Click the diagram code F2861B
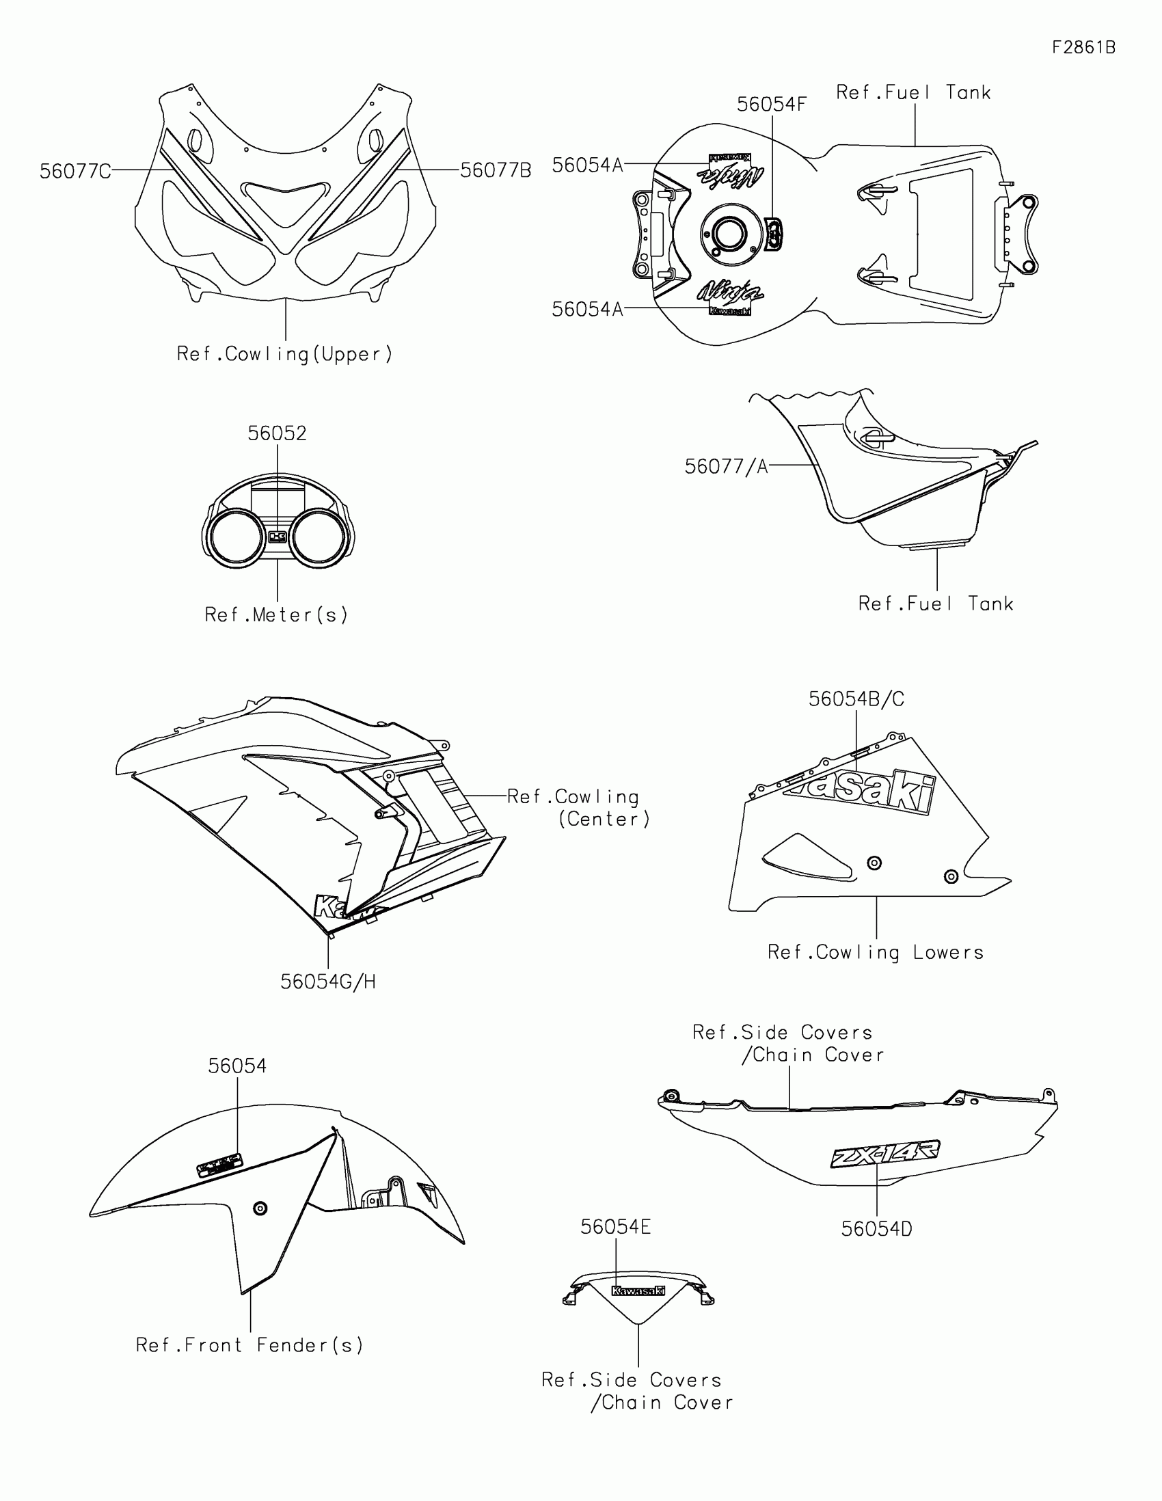pos(1083,47)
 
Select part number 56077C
pos(75,171)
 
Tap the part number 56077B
pos(496,170)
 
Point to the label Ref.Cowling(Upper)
pos(284,354)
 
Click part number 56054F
pos(771,105)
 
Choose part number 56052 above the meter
pos(277,433)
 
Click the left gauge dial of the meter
pos(235,538)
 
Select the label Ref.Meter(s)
pos(276,614)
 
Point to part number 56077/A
pos(726,467)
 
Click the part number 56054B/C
pos(856,699)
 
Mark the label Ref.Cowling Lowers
pos(876,952)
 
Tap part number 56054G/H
pos(328,982)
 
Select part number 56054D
pos(876,1229)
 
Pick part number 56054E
pos(615,1227)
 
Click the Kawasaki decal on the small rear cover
pos(638,1290)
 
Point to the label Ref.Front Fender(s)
pos(249,1345)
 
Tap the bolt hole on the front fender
pos(260,1208)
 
